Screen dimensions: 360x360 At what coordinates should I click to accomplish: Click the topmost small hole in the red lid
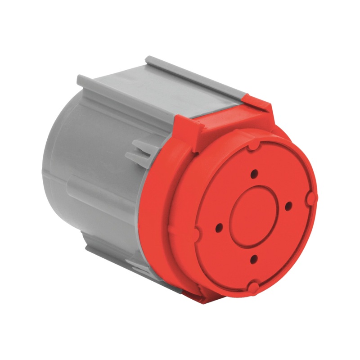tap(255, 173)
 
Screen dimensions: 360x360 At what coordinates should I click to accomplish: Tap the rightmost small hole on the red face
tap(288, 206)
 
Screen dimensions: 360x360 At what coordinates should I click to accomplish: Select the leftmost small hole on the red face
tap(219, 227)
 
